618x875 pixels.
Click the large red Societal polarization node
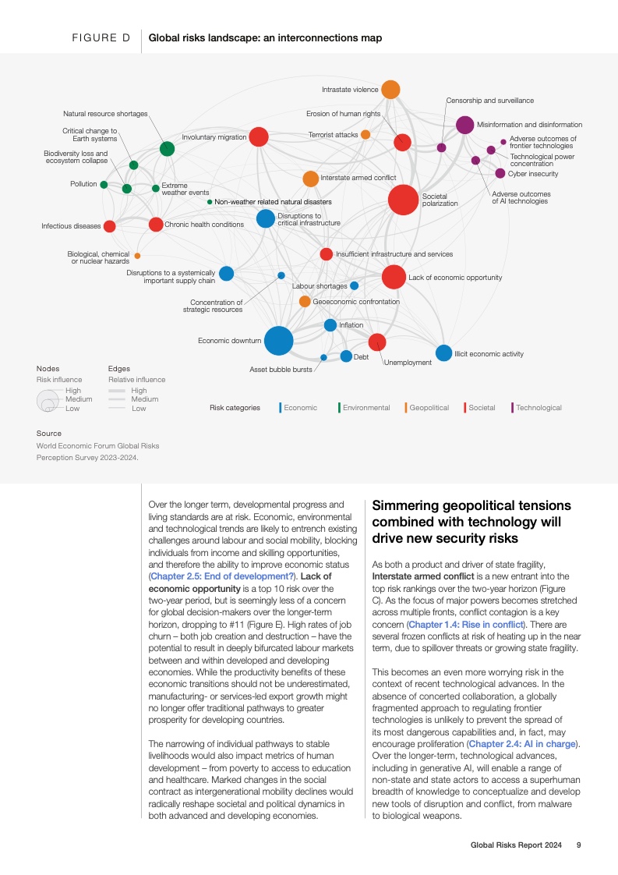403,200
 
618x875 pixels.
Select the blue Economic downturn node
278,341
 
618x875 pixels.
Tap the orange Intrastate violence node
390,90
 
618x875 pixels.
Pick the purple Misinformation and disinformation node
464,124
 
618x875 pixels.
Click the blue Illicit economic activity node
443,353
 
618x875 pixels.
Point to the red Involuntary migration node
259,137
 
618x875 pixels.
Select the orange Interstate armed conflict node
310,179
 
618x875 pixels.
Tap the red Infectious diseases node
110,226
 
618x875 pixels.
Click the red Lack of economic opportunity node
394,277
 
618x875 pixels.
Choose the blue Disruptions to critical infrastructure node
266,219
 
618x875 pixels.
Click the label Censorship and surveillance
489,101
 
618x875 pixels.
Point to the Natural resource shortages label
105,114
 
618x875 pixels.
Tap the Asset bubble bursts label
281,369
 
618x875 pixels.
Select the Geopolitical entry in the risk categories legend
428,408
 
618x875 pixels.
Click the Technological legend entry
538,408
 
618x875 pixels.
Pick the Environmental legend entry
366,408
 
